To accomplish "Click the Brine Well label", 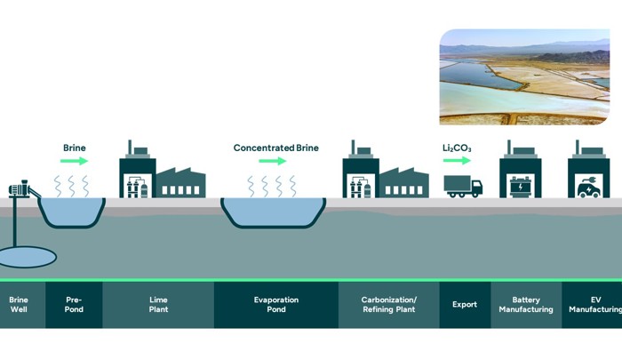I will coord(18,305).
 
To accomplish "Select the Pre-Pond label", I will coord(74,305).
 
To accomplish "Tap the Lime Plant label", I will coord(157,305).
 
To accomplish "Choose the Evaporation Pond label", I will coord(275,305).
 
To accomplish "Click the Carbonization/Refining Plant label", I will coord(389,305).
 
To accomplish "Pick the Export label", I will coord(464,305).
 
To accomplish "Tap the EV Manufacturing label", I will coord(595,305).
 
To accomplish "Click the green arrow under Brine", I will coord(75,161).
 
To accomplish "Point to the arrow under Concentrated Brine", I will coord(273,161).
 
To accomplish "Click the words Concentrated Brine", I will coord(275,147).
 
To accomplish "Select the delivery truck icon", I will coord(463,186).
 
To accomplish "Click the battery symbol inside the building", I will coord(520,188).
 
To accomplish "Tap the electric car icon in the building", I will coord(588,188).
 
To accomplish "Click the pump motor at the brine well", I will coord(20,188).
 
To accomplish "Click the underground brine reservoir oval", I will coord(25,256).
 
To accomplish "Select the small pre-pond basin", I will coord(74,211).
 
